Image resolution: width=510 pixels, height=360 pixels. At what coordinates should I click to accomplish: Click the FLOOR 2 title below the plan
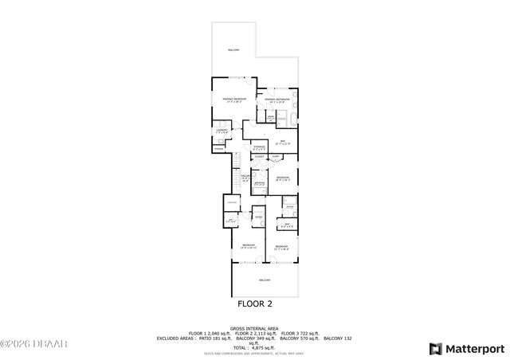pos(255,303)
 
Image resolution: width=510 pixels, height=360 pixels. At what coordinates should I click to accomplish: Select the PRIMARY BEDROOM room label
pos(234,100)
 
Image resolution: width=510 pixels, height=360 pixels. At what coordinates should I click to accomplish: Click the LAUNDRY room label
pos(222,131)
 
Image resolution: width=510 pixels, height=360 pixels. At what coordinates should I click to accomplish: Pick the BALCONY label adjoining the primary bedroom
pos(233,49)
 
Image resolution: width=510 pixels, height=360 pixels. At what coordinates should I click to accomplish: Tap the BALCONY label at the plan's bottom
pos(265,280)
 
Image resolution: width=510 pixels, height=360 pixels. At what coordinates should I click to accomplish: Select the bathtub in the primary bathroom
pos(292,119)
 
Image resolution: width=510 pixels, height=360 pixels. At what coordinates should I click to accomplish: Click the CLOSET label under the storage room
pos(259,157)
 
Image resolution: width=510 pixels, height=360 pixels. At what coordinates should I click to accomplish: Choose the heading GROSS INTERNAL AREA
pos(255,327)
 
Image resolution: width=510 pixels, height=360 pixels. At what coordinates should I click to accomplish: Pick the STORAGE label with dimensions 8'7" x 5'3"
pos(259,147)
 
